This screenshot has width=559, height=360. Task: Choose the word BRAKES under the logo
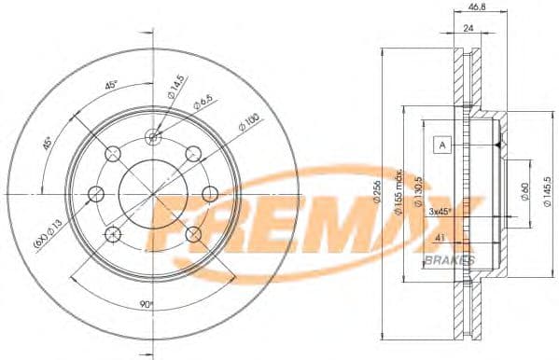(450, 258)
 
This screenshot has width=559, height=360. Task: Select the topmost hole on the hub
(154, 137)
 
